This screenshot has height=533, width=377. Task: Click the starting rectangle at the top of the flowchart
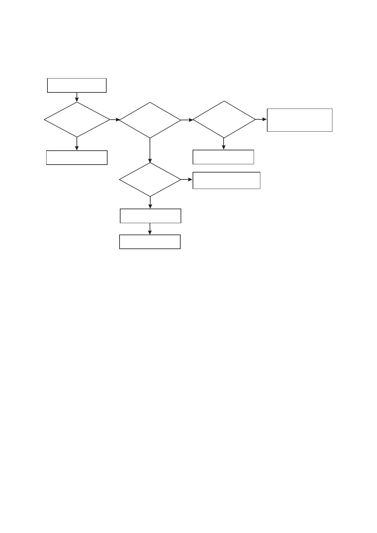(x=77, y=85)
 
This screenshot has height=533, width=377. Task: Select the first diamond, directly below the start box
(x=77, y=120)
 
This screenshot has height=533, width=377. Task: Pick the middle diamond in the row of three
(x=150, y=120)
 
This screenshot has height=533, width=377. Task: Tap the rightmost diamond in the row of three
(x=224, y=120)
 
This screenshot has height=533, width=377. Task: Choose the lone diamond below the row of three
(x=150, y=179)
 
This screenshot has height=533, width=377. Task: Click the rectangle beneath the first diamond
(x=77, y=158)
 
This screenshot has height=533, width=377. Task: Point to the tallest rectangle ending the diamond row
(x=300, y=120)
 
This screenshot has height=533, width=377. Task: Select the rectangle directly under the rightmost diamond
(x=223, y=157)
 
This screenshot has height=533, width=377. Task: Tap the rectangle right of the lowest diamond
(x=226, y=180)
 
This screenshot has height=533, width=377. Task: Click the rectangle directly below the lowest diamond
(x=151, y=216)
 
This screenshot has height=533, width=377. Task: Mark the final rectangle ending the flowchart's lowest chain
(x=150, y=242)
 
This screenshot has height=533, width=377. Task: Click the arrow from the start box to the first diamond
(x=77, y=97)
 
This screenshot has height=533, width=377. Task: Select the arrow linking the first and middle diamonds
(x=115, y=120)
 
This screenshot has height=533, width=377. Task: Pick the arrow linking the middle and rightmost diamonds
(x=187, y=120)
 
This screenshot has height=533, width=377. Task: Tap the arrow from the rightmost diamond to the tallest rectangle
(x=261, y=120)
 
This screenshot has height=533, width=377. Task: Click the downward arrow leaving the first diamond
(x=77, y=144)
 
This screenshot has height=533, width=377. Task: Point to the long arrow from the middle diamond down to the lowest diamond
(x=150, y=150)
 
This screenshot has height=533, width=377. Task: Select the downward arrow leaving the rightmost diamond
(x=224, y=144)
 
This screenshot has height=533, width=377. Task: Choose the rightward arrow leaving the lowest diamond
(x=187, y=179)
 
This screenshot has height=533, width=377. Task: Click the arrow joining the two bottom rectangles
(x=150, y=229)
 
